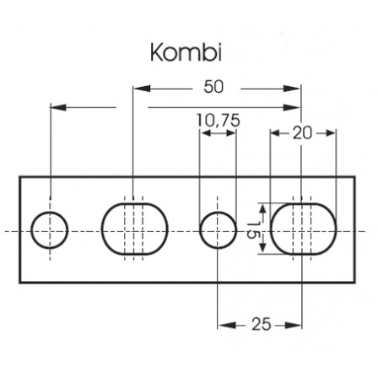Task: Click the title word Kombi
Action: pos(186,52)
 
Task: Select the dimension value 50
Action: pos(213,87)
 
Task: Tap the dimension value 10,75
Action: pos(218,121)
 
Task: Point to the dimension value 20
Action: pos(302,133)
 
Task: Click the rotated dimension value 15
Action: pos(254,229)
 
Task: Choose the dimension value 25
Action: pos(262,324)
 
